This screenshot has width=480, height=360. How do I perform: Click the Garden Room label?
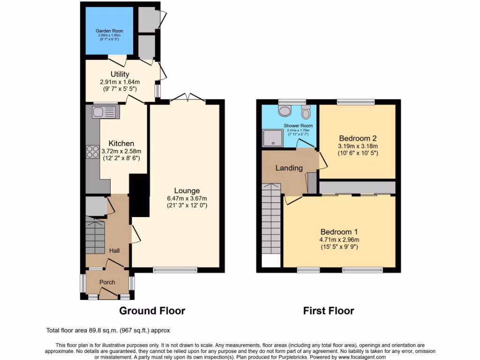[x=109, y=31]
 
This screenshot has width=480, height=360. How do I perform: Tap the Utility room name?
[x=120, y=74]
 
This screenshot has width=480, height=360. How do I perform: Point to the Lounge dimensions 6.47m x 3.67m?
[x=187, y=198]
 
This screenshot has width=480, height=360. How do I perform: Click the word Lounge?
[x=187, y=190]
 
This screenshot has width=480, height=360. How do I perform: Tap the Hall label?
[x=114, y=251]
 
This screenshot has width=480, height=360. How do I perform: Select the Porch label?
[x=107, y=282]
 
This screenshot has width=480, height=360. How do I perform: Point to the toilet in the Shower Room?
[x=306, y=112]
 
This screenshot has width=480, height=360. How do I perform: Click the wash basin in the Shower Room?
[x=284, y=111]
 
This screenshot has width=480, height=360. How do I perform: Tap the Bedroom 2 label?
[x=358, y=138]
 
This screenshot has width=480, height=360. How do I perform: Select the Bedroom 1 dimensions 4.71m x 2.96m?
[x=339, y=240]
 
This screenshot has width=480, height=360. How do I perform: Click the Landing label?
[x=289, y=168]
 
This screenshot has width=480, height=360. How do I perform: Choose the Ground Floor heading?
[x=152, y=310]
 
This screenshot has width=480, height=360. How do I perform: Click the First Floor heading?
[x=328, y=310]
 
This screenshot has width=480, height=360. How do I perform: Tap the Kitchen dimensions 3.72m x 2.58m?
[x=121, y=151]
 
